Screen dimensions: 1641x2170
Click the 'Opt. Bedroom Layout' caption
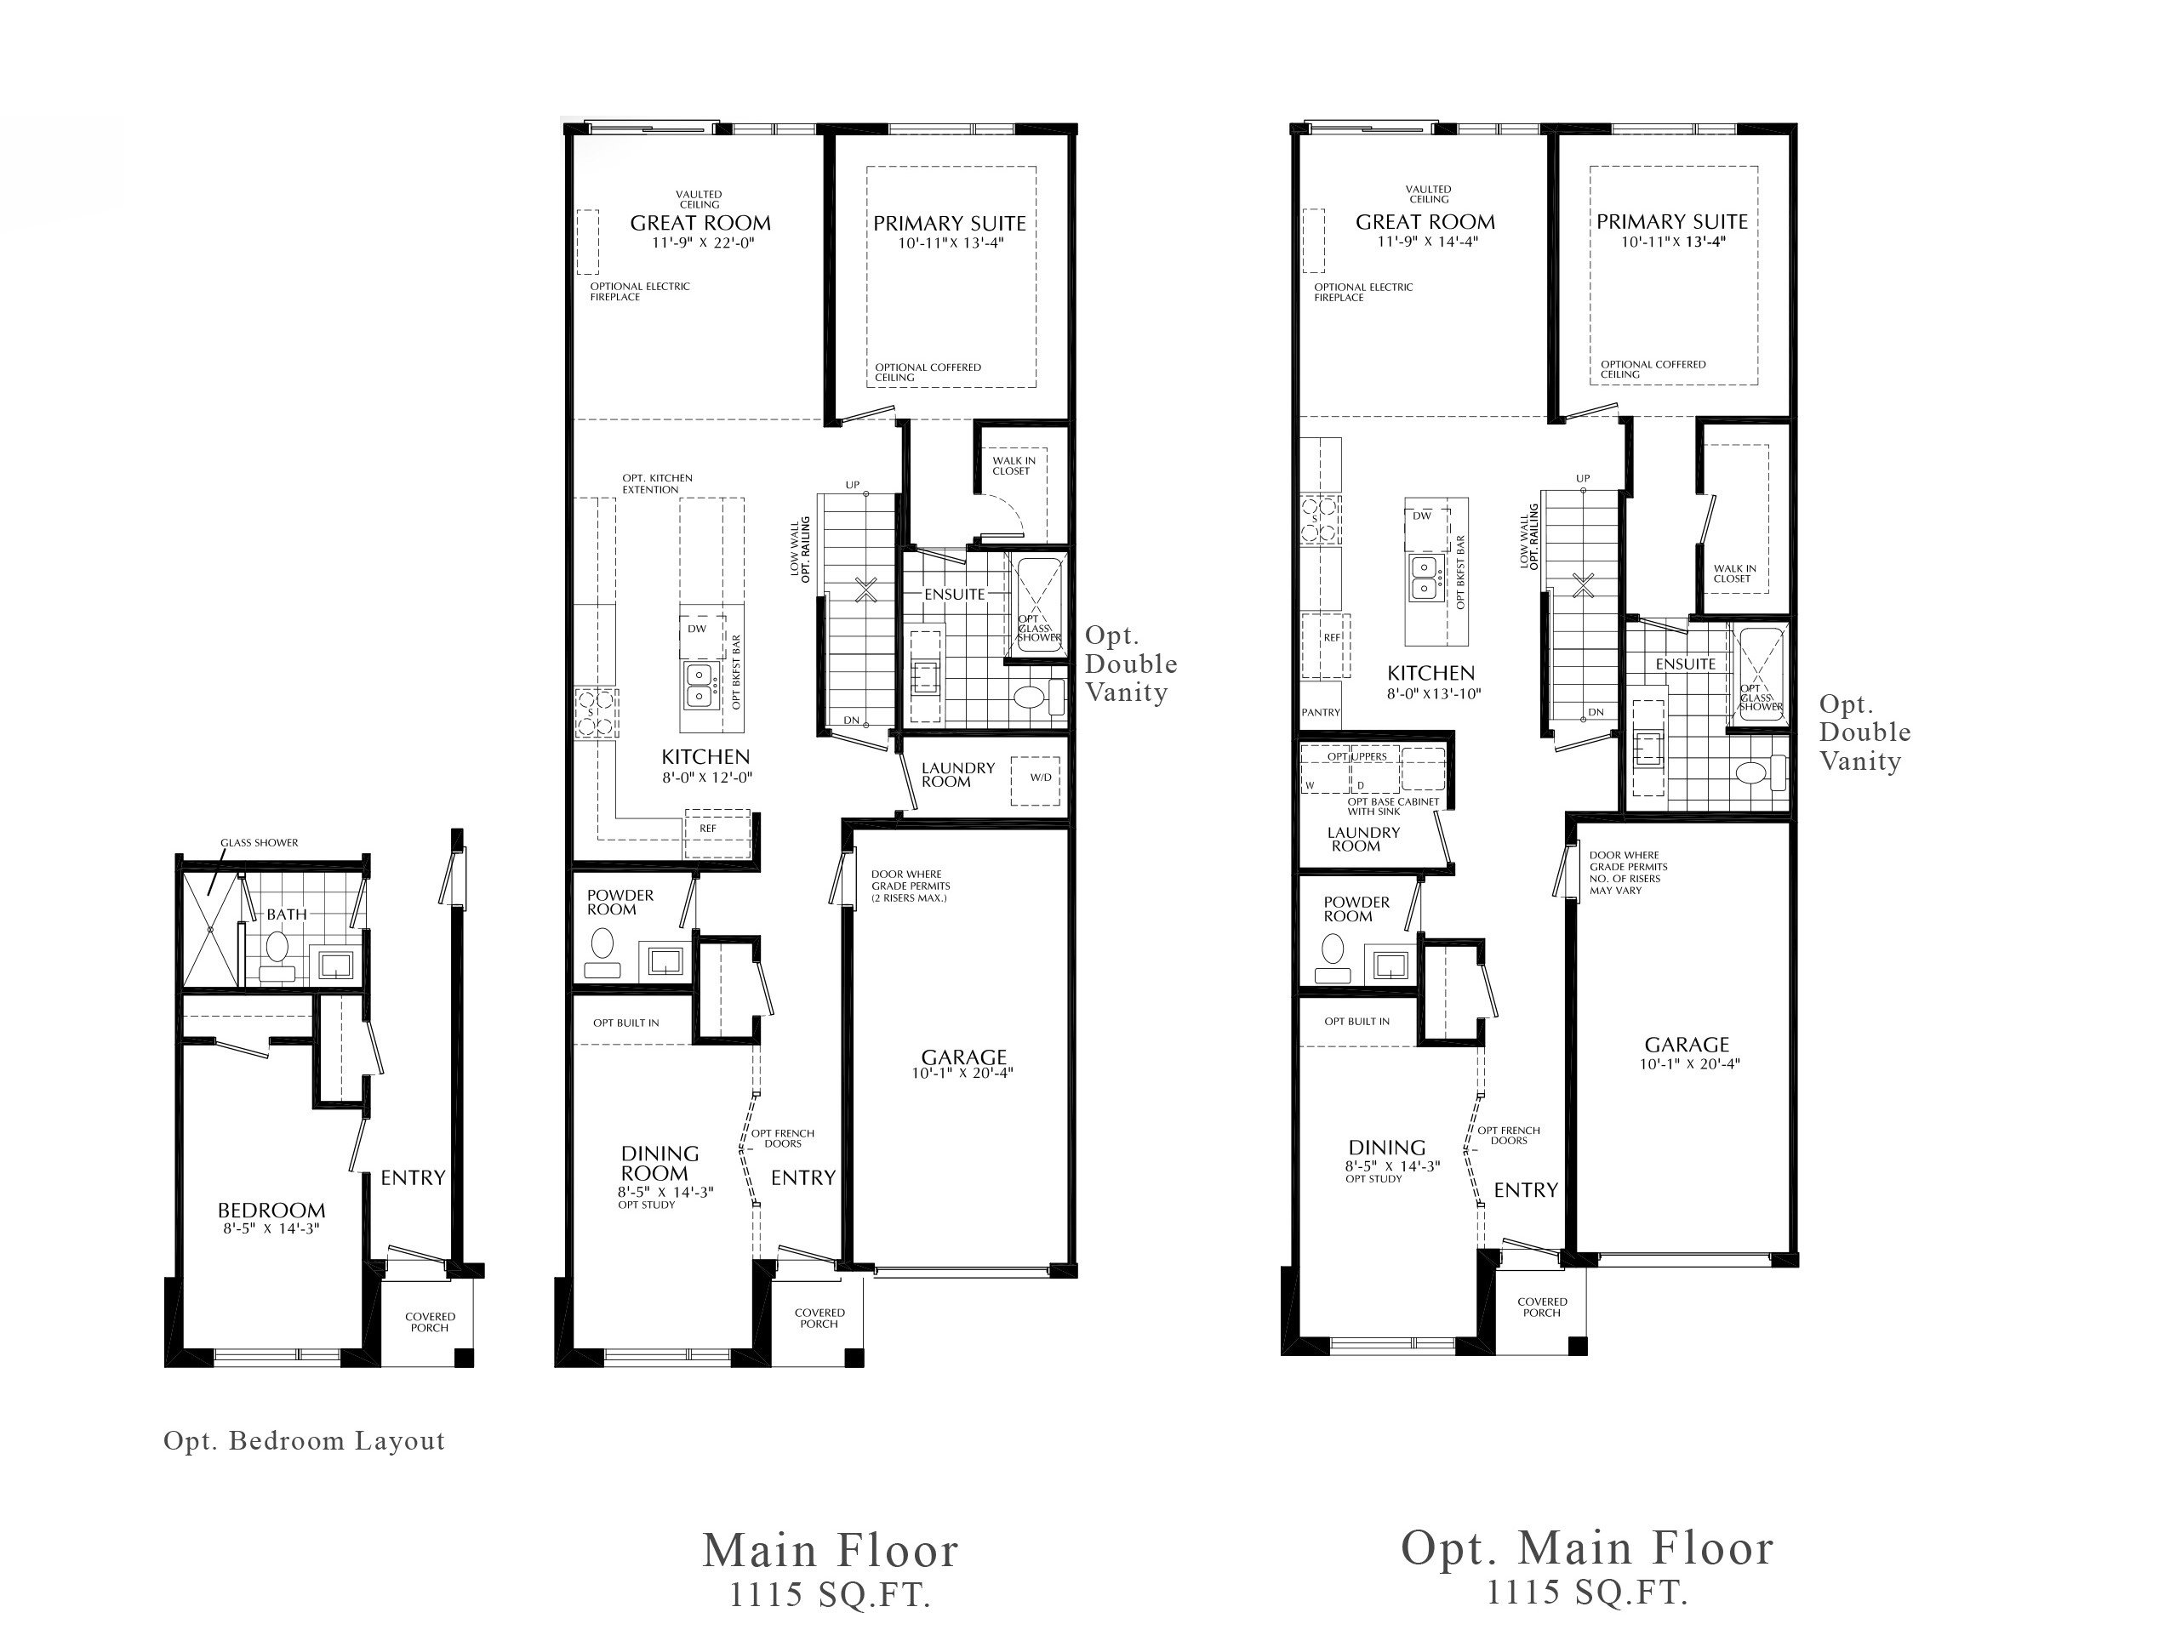(304, 1441)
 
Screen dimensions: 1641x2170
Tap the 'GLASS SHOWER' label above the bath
(259, 842)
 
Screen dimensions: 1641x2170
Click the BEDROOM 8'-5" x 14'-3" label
(271, 1217)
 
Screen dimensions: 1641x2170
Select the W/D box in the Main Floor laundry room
(1040, 778)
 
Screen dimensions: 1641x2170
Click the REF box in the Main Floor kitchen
(708, 828)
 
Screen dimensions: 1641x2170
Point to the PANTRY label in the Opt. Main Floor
(1321, 712)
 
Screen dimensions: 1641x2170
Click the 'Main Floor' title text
(830, 1551)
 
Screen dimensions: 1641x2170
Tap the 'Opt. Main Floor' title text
(1586, 1547)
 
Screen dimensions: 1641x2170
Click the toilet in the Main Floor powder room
(602, 947)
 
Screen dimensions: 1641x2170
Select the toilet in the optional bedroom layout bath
(277, 949)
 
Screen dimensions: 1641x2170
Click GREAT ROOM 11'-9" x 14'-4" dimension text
(1428, 242)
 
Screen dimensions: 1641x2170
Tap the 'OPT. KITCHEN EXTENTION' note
(656, 483)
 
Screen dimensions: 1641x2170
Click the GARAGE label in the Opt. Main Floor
(1687, 1046)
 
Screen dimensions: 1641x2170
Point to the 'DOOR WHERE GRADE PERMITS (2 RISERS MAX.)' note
(910, 886)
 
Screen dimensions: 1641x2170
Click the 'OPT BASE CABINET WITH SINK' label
(1392, 806)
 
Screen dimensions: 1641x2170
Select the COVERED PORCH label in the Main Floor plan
(819, 1318)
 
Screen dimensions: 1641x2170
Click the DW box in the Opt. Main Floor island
(1423, 516)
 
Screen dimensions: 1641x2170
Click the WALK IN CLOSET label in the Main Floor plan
(1013, 465)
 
